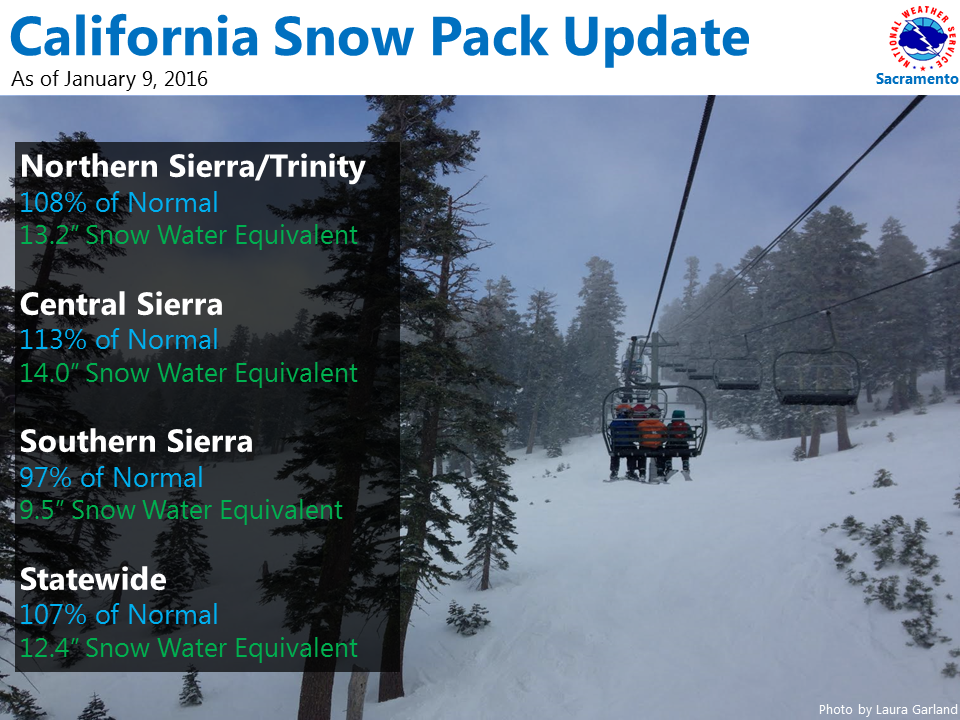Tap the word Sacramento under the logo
click(917, 79)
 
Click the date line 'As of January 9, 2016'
click(110, 80)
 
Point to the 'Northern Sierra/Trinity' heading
click(193, 167)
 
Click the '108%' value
click(53, 203)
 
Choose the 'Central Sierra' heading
click(121, 304)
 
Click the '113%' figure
click(53, 340)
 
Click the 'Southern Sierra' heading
click(136, 441)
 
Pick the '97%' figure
click(46, 478)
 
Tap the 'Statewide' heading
click(93, 579)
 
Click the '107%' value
click(53, 615)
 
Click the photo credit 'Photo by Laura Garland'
click(888, 710)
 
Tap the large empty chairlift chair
click(816, 378)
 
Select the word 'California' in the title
click(135, 38)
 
